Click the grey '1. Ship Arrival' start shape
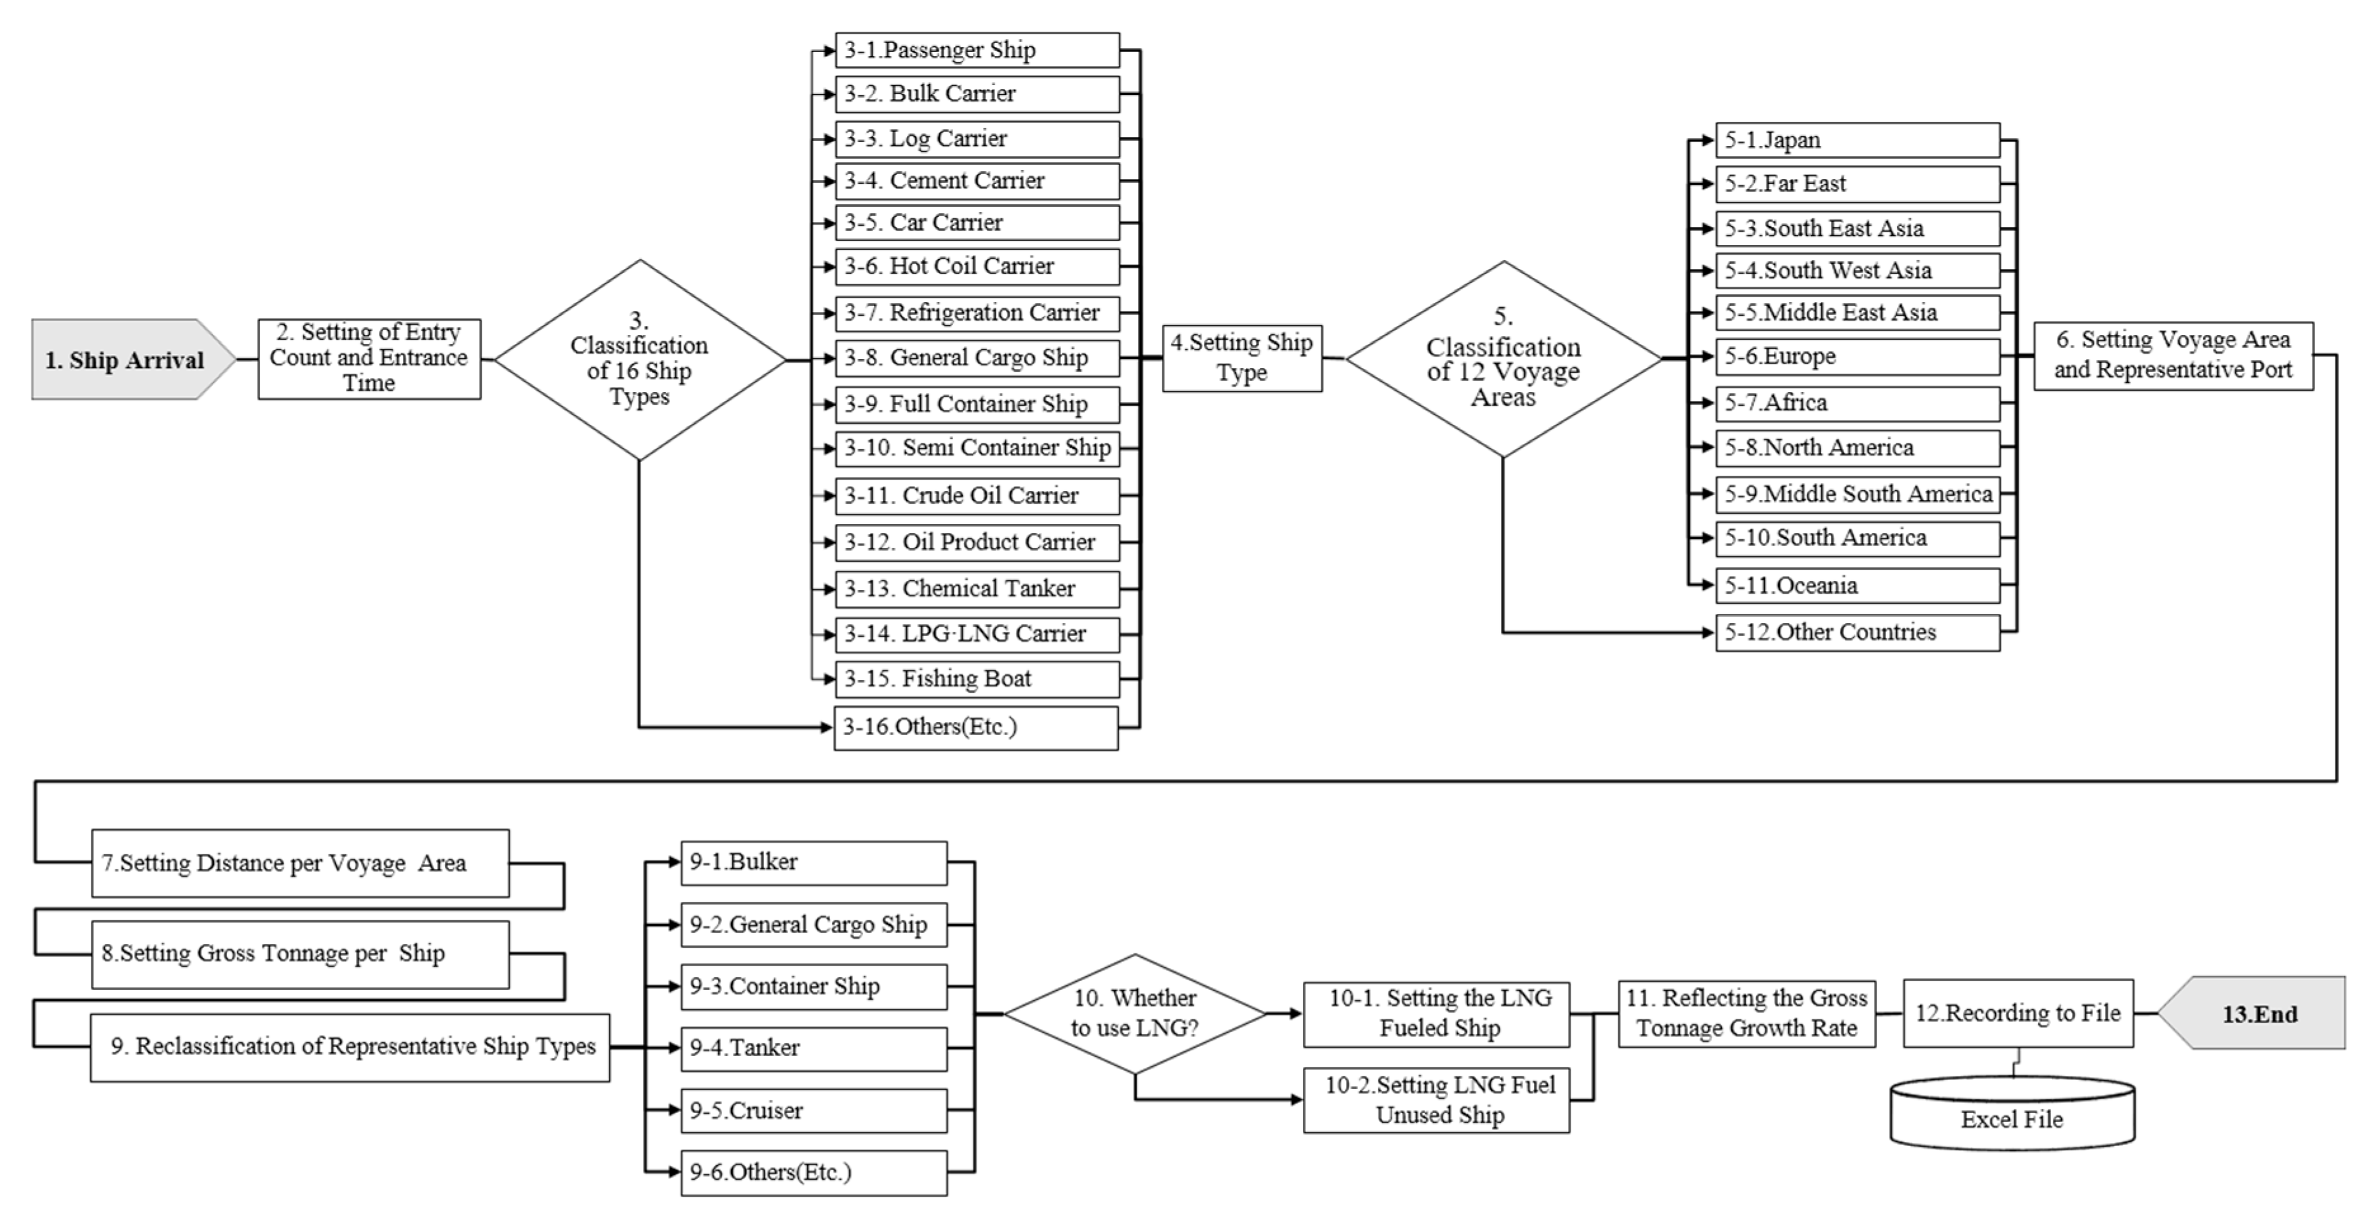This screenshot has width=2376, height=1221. click(124, 360)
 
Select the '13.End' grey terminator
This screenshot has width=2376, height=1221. click(2259, 1014)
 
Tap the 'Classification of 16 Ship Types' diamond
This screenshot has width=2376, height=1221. click(639, 360)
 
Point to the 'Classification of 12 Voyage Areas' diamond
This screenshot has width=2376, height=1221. click(1503, 360)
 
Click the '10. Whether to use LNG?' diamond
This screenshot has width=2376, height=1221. click(1135, 1012)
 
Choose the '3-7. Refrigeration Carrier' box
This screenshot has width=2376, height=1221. click(977, 313)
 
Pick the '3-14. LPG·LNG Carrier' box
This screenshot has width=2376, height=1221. click(977, 634)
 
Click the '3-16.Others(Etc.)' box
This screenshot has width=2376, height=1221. click(976, 728)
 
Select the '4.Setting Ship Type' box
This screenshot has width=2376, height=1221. click(1241, 358)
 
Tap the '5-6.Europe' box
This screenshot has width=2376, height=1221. click(1857, 356)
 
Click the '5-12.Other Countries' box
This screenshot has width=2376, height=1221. click(1857, 632)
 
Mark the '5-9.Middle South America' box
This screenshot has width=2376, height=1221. click(1857, 494)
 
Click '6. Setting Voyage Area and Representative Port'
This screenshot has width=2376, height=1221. click(2172, 355)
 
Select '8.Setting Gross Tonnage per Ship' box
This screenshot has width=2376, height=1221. click(300, 953)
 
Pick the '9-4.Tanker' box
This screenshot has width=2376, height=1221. click(814, 1048)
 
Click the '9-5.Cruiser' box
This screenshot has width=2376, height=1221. click(814, 1111)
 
